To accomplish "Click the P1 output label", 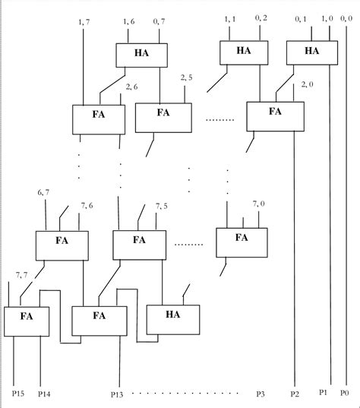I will [324, 392].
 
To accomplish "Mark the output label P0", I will [346, 392].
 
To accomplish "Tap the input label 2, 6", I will [131, 87].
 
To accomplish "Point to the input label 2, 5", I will [186, 77].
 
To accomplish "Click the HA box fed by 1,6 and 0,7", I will [141, 55].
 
